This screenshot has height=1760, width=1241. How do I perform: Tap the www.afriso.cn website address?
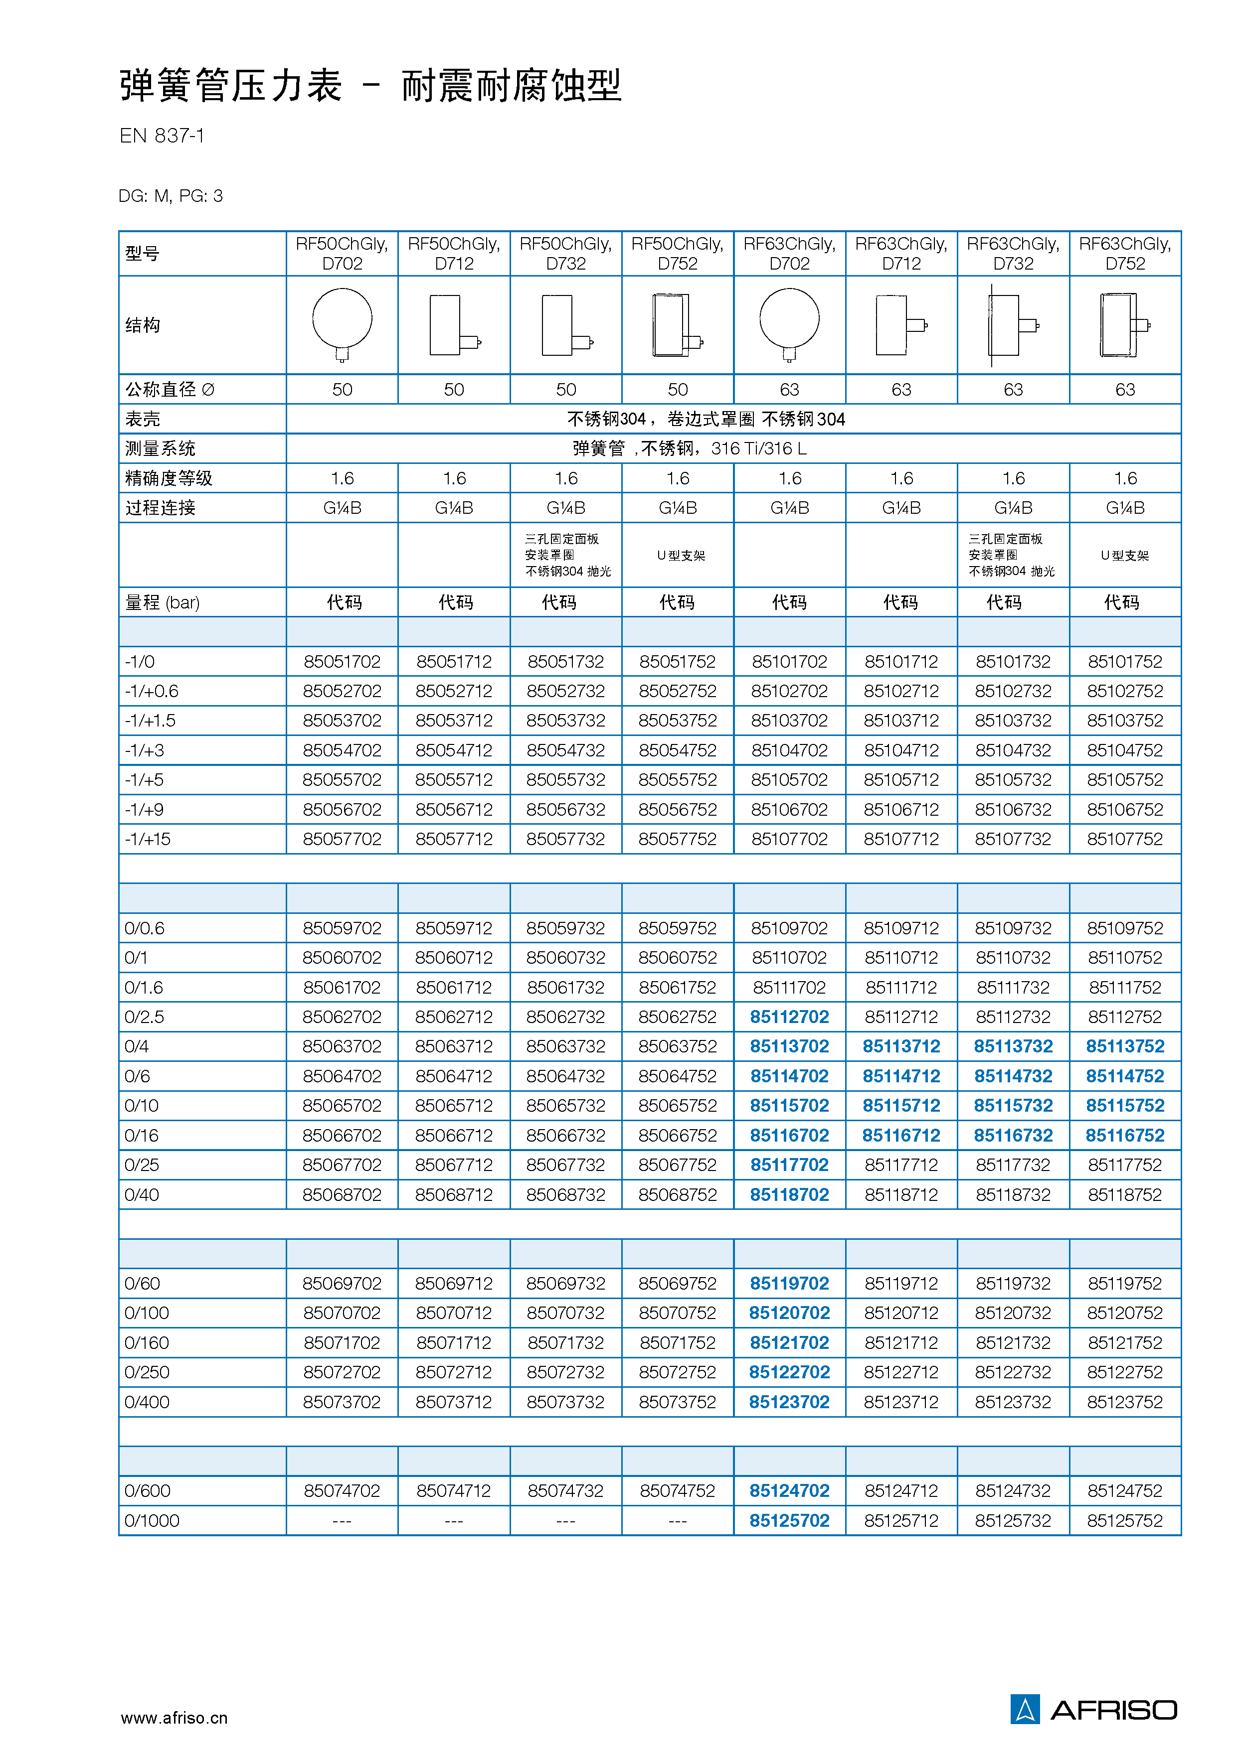click(x=174, y=1718)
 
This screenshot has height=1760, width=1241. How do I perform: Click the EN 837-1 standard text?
click(x=162, y=136)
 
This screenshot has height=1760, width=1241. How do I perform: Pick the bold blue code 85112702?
click(x=789, y=1017)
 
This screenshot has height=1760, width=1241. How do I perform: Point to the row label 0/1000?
click(x=152, y=1520)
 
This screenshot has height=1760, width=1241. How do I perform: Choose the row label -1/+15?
click(x=148, y=839)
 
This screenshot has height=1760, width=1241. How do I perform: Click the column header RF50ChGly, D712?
click(x=454, y=254)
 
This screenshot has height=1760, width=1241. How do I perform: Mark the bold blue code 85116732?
click(x=1013, y=1135)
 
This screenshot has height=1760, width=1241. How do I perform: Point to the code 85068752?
click(x=677, y=1194)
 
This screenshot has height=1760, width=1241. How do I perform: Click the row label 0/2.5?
click(x=144, y=1017)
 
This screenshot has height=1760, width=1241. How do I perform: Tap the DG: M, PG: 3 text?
click(x=171, y=196)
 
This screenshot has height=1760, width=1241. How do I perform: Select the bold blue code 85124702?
click(x=789, y=1490)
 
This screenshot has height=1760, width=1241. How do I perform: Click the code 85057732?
click(x=565, y=839)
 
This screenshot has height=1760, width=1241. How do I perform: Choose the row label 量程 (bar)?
click(x=162, y=602)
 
